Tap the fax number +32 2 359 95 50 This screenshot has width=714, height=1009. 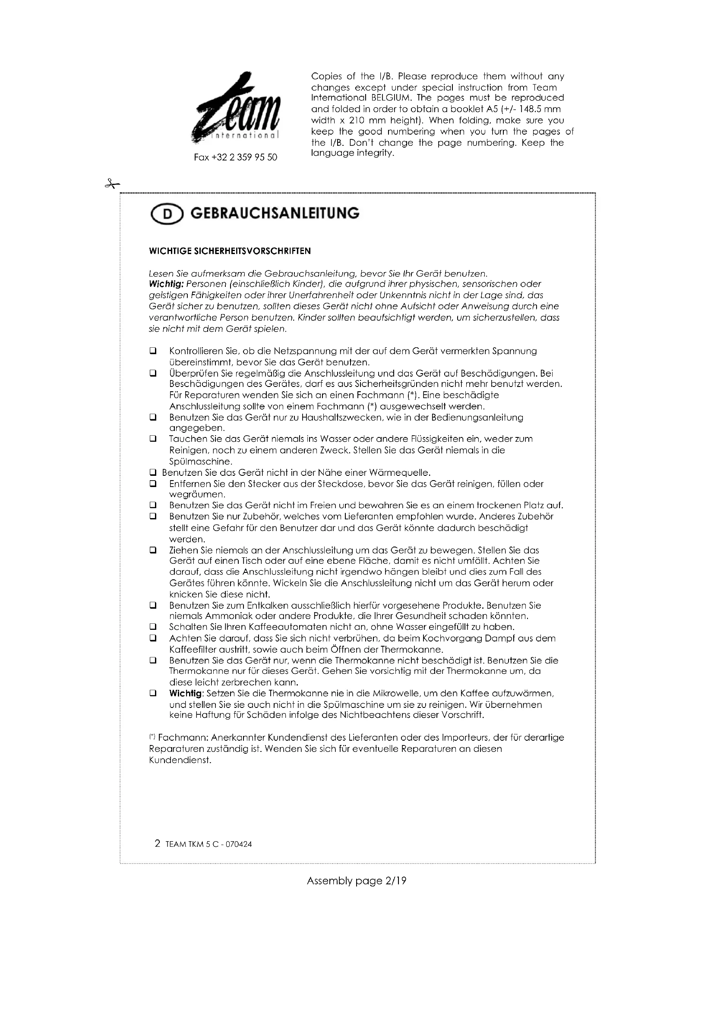pos(236,157)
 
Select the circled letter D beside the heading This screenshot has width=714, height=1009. pos(167,214)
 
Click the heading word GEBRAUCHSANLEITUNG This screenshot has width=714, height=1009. pos(275,213)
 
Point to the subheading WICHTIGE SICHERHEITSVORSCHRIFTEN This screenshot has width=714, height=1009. pos(230,251)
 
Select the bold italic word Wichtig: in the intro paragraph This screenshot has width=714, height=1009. pos(166,284)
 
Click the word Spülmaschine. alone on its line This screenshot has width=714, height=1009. pos(200,462)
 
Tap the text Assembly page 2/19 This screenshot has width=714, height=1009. pos(357,881)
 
